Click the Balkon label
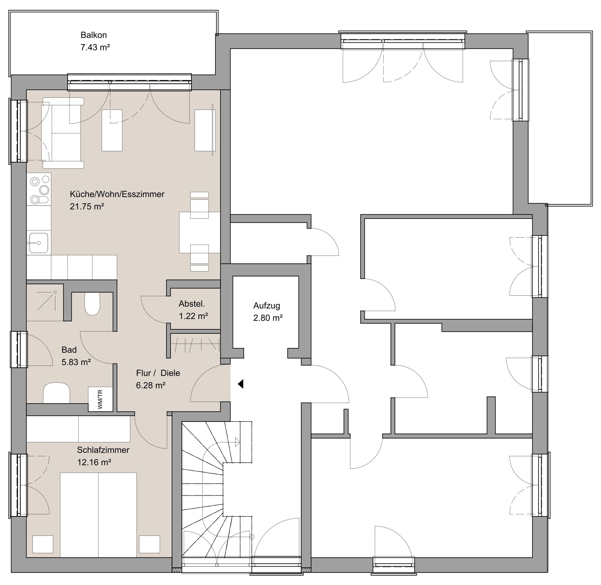94,35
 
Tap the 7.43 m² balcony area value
95,47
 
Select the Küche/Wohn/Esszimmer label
117,194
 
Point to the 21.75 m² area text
87,206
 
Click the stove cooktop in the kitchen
39,189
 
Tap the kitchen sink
39,243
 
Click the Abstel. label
192,303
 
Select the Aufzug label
266,306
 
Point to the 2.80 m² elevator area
268,318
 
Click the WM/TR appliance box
100,399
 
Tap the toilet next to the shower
92,303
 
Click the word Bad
69,349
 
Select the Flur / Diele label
158,373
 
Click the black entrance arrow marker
241,384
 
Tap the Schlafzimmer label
103,450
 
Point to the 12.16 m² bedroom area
94,462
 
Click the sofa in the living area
63,133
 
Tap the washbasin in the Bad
56,393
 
